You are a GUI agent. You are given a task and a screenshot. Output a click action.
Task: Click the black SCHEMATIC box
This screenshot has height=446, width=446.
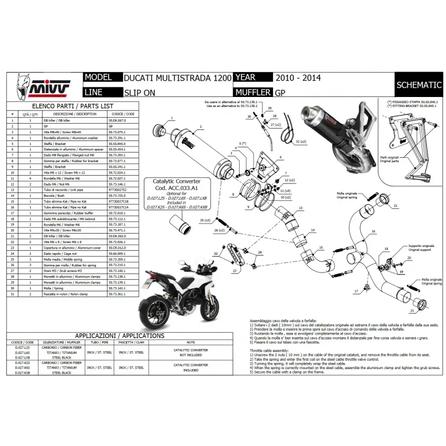(x=418, y=85)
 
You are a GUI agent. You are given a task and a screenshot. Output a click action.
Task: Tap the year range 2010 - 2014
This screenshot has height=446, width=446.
(x=298, y=78)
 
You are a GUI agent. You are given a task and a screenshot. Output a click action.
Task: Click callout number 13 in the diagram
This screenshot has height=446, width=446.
(x=300, y=207)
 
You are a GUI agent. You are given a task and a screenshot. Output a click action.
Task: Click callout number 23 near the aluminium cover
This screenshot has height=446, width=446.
(x=234, y=270)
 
